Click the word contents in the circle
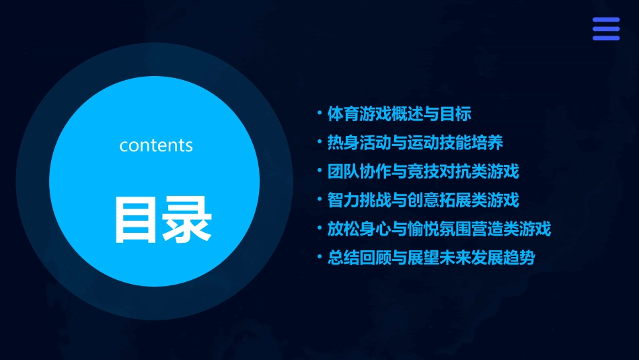156,145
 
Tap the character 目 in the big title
132,219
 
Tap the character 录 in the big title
186,219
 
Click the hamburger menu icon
605,29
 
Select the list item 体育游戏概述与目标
399,114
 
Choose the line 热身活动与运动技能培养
415,143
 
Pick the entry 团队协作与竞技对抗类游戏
423,172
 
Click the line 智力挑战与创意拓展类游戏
423,200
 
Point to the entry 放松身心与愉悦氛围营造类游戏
439,229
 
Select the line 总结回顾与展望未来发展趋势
430,258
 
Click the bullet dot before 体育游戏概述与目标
320,113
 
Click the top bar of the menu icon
605,20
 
